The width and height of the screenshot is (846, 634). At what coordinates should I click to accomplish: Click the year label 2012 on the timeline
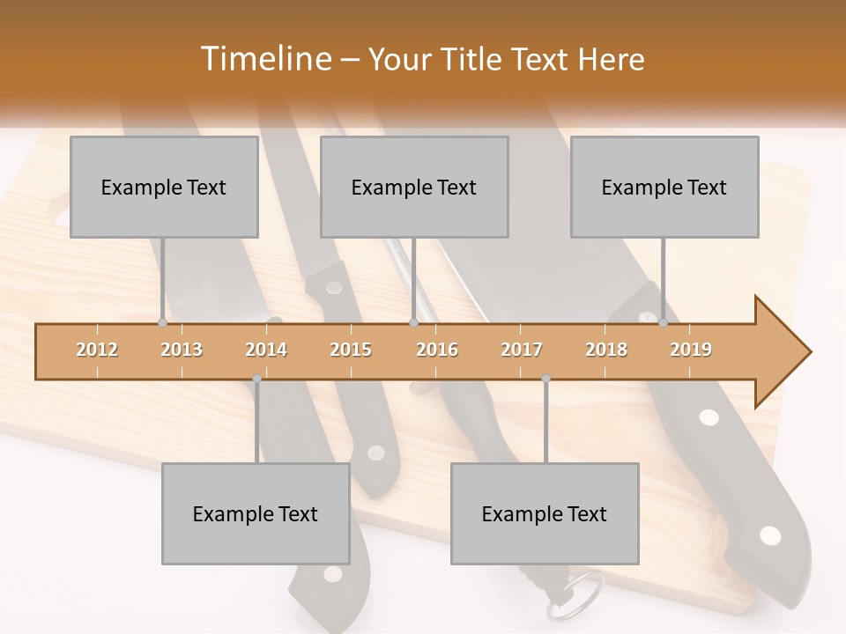click(x=97, y=350)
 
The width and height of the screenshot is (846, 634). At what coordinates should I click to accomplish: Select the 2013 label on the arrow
click(x=182, y=350)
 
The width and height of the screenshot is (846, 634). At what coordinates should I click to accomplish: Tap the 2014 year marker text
click(x=266, y=350)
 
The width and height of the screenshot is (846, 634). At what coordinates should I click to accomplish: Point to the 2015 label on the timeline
click(x=351, y=350)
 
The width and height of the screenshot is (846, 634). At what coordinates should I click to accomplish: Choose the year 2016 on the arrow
click(x=437, y=350)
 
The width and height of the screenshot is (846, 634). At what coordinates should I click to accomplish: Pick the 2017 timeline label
click(x=522, y=350)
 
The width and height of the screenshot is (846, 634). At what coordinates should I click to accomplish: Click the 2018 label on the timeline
click(x=606, y=350)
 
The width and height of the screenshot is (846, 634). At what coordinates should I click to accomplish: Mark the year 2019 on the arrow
click(x=691, y=350)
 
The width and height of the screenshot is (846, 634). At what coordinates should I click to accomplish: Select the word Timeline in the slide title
click(x=263, y=59)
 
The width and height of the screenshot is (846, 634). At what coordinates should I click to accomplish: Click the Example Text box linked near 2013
click(x=164, y=187)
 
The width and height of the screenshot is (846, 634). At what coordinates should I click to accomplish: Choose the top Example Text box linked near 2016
click(x=414, y=187)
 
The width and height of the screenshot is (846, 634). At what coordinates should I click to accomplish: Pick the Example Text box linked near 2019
click(x=664, y=187)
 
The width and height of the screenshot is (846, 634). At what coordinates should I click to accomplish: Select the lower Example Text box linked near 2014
click(x=256, y=513)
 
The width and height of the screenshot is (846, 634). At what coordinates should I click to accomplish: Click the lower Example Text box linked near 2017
click(x=545, y=513)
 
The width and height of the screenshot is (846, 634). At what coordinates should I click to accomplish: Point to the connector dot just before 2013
click(x=162, y=323)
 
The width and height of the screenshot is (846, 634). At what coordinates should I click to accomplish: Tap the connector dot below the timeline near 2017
click(x=545, y=379)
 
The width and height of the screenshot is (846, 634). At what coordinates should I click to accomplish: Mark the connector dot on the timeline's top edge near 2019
click(x=664, y=323)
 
